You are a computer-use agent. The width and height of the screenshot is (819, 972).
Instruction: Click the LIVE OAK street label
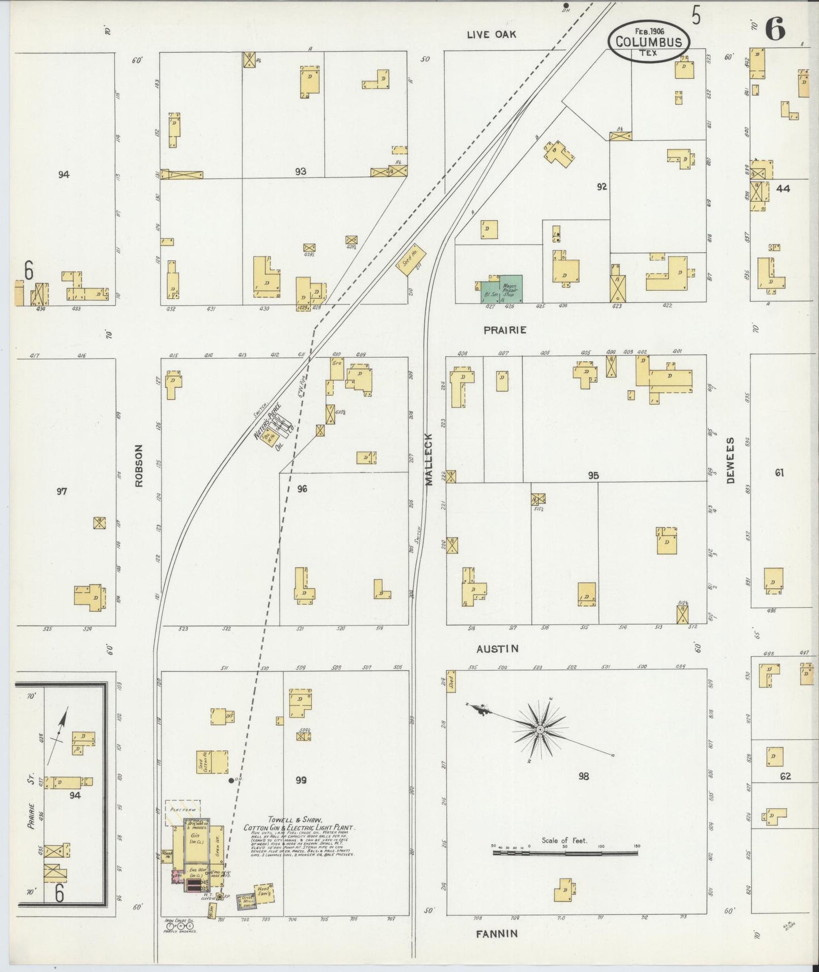[491, 35]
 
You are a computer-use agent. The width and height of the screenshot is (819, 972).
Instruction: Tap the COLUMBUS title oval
[648, 41]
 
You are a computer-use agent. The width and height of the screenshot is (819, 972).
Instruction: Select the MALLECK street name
[428, 459]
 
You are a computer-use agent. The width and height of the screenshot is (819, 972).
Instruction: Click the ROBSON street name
[139, 466]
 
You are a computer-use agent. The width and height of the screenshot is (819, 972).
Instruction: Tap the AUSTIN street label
[497, 648]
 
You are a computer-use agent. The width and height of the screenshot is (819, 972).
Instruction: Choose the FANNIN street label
[497, 933]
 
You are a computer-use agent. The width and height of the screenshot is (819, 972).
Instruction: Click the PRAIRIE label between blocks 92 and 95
[504, 329]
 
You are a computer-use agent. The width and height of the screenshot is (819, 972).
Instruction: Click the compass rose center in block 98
[540, 729]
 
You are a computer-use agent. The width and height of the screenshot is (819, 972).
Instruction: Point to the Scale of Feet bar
[564, 852]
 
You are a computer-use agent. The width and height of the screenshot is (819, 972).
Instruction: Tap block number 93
[300, 171]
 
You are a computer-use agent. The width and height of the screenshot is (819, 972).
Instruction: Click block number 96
[302, 488]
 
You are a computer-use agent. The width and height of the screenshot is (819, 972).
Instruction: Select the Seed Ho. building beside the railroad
[411, 261]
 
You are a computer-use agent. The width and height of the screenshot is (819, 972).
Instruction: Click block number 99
[301, 780]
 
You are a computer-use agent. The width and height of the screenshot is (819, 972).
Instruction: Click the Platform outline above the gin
[183, 813]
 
